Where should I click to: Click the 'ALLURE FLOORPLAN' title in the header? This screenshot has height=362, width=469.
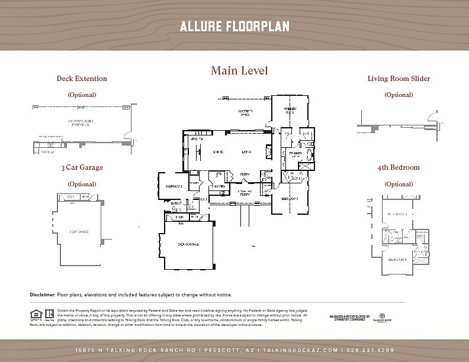coord(234,27)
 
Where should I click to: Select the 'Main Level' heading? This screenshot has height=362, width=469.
coord(239,71)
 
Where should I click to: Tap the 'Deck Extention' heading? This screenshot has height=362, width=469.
coord(82,79)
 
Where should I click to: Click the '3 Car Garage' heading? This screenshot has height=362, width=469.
coord(82,167)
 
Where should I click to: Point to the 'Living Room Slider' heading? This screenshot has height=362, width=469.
coord(399,79)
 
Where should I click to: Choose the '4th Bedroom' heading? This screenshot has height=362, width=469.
coord(398,167)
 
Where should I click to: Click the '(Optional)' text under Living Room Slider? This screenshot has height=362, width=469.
coord(399,95)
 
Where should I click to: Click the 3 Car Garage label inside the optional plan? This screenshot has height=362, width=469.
coord(79,232)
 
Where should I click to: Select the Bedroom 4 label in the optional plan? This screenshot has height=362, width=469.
coord(397,259)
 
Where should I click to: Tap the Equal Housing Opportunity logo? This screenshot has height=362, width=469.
coord(35,315)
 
